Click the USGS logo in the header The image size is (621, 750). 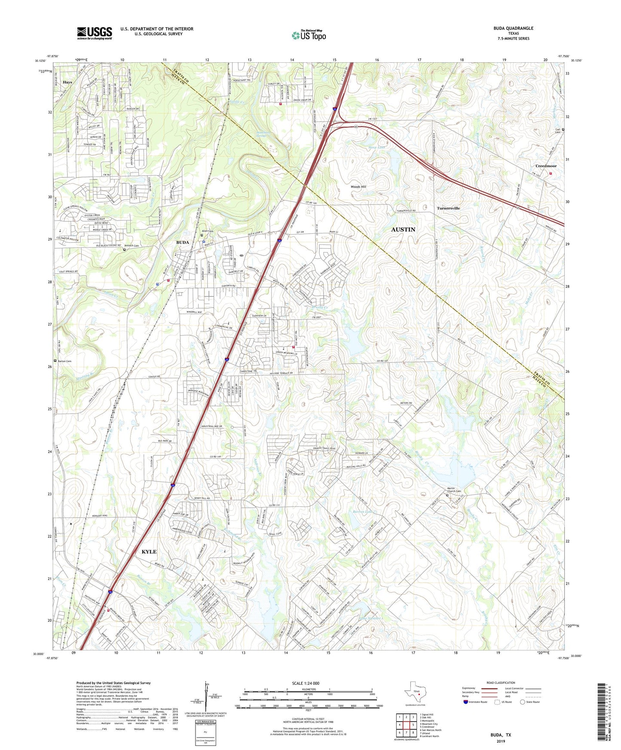tap(94, 33)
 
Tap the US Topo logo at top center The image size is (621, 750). tap(308, 35)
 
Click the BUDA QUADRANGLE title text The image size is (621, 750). tap(513, 28)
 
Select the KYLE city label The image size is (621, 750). tap(149, 552)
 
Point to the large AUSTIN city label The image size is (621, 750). tap(403, 230)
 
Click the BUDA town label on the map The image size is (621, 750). tap(182, 242)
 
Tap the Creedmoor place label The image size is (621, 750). tap(546, 166)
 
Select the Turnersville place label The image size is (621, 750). tap(448, 208)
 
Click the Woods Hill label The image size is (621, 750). tap(358, 187)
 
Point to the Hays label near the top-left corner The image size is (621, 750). tap(67, 82)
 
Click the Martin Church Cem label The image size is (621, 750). tap(452, 491)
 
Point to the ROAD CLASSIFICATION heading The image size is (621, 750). tap(501, 683)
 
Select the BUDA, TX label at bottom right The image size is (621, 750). tap(501, 735)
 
